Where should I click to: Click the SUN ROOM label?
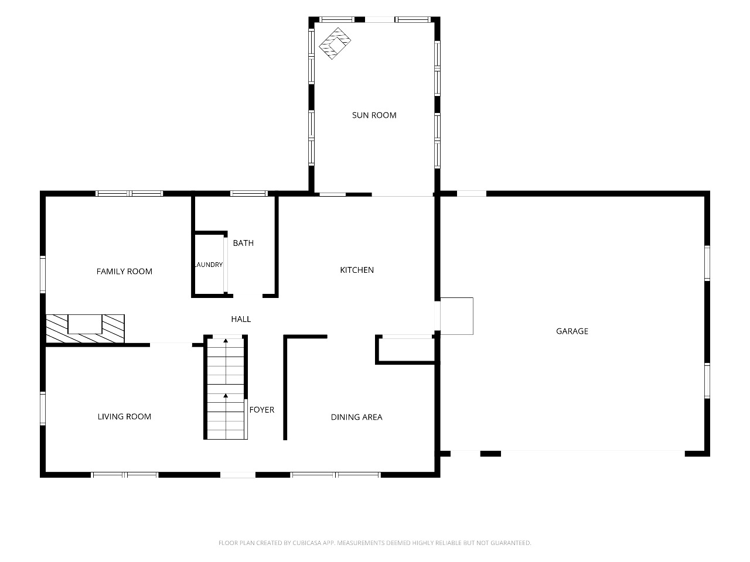(x=374, y=115)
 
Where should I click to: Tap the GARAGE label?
(x=572, y=331)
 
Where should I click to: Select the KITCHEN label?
(x=357, y=270)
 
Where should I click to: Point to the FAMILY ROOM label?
(x=124, y=271)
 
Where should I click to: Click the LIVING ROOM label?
(x=124, y=416)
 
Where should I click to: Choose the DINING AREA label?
(x=356, y=417)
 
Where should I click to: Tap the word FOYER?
(x=262, y=409)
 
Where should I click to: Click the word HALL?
(x=241, y=319)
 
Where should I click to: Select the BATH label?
(x=243, y=243)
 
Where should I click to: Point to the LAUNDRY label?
(x=209, y=265)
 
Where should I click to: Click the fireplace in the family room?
(x=85, y=328)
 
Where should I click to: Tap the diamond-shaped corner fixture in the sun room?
(x=335, y=43)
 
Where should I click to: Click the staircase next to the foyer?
(x=226, y=388)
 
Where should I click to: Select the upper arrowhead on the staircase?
(x=226, y=341)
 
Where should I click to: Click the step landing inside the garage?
(x=456, y=316)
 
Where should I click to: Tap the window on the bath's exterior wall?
(x=249, y=193)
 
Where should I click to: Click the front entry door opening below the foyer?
(x=238, y=475)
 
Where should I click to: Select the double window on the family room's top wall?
(x=129, y=193)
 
